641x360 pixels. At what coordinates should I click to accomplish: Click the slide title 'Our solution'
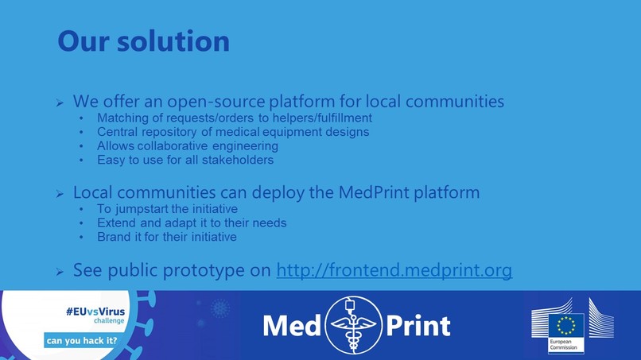(143, 41)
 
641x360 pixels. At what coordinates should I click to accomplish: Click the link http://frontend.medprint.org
(394, 270)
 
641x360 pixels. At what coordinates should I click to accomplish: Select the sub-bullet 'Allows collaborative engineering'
(187, 146)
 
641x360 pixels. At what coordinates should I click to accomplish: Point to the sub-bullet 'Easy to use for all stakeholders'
(185, 160)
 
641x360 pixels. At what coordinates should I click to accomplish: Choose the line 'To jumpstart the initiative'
(167, 209)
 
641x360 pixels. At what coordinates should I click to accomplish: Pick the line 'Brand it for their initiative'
(166, 237)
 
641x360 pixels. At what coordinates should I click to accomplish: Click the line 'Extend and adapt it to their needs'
(192, 223)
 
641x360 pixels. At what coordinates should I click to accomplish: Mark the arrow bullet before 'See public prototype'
(60, 272)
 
